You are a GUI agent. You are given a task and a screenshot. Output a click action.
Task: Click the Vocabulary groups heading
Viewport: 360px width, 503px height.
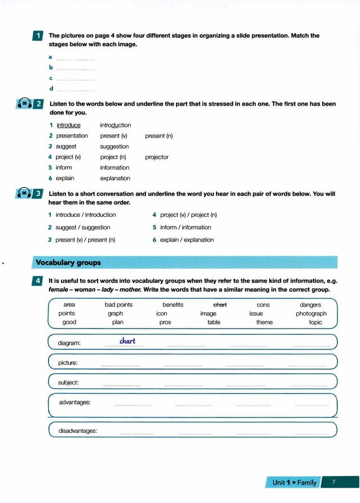coord(68,263)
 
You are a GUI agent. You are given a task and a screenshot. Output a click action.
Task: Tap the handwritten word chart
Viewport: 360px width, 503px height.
coord(128,341)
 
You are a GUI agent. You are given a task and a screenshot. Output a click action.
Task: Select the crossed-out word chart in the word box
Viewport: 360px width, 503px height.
coord(219,305)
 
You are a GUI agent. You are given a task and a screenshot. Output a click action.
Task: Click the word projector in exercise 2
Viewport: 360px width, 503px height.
coord(156,158)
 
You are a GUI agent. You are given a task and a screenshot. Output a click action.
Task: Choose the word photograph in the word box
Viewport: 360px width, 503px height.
coord(311,313)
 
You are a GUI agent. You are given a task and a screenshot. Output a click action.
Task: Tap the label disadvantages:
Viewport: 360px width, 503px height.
coord(77,431)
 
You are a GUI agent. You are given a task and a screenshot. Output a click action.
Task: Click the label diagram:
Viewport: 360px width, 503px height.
coord(69,343)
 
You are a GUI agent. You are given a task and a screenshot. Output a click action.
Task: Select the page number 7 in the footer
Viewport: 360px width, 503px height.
coord(333,482)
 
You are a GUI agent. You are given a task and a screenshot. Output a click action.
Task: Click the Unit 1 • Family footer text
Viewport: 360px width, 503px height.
coord(295,483)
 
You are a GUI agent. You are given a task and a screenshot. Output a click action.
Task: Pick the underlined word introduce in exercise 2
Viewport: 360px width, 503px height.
coord(68,125)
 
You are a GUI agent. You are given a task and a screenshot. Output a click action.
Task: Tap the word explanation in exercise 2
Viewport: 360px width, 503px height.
coord(115,178)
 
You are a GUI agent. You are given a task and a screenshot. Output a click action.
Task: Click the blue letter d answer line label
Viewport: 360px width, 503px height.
coord(51,89)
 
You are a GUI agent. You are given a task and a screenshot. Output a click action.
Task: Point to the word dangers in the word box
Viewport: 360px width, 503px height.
coord(310,305)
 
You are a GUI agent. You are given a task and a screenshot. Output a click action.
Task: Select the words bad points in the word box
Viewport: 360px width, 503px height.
coord(118,305)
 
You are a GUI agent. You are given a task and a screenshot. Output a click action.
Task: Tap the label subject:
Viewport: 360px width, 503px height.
coord(68,383)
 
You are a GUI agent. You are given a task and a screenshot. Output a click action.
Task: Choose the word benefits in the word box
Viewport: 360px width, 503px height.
coord(173,305)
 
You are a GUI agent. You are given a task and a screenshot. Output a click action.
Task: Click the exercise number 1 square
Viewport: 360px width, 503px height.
coord(37,36)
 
